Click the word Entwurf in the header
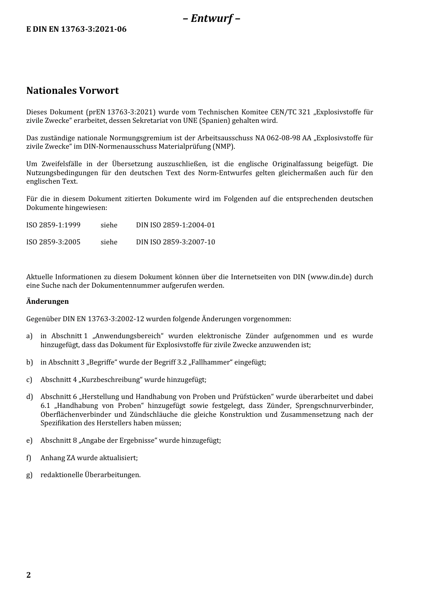(x=212, y=18)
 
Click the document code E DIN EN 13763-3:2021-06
(x=76, y=29)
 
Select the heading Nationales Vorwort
(x=72, y=91)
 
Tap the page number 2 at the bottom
(x=29, y=575)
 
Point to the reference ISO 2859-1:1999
(x=53, y=225)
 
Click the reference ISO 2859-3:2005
(x=53, y=242)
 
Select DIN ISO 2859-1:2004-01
(x=175, y=225)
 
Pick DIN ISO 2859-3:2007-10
(x=175, y=242)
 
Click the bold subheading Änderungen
(x=47, y=302)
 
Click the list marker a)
(x=29, y=336)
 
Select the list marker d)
(x=29, y=397)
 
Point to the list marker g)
(x=29, y=475)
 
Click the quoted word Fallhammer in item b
(x=211, y=362)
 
